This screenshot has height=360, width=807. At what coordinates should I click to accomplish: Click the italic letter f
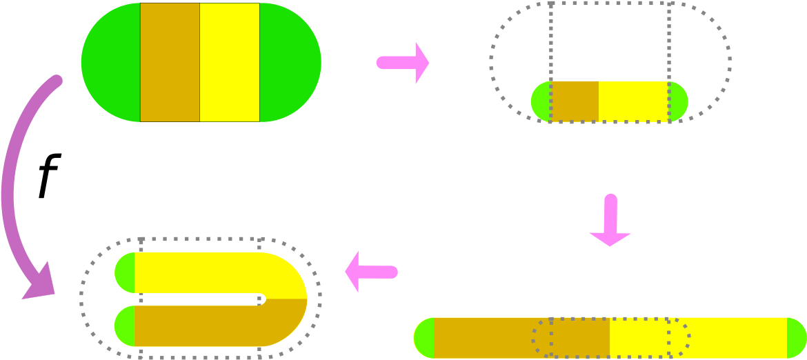[50, 176]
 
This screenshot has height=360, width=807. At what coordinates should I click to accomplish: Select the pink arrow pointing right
[403, 63]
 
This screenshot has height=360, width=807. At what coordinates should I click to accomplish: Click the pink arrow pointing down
[610, 220]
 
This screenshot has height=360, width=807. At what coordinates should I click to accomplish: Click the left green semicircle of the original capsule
[110, 62]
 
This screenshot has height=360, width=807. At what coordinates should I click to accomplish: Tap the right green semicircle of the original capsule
[290, 62]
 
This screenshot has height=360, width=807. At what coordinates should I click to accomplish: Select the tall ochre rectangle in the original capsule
[170, 62]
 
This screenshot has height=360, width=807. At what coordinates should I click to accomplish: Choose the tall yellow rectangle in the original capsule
[230, 62]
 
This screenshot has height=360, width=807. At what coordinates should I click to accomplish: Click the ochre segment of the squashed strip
[575, 101]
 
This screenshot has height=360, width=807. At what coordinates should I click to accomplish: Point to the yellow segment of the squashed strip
[634, 101]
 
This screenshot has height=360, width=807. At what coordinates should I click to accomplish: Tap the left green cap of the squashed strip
[541, 101]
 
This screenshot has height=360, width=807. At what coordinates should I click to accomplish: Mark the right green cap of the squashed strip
[679, 101]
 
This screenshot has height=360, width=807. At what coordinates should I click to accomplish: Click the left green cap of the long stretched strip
[425, 338]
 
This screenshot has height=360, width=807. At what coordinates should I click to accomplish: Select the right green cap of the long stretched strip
[797, 338]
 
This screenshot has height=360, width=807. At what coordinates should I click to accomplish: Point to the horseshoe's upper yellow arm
[216, 272]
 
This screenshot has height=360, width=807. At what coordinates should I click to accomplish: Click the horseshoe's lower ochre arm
[216, 326]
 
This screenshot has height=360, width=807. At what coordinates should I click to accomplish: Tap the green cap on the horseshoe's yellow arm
[125, 272]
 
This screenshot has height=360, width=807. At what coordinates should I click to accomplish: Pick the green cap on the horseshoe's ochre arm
[125, 326]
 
